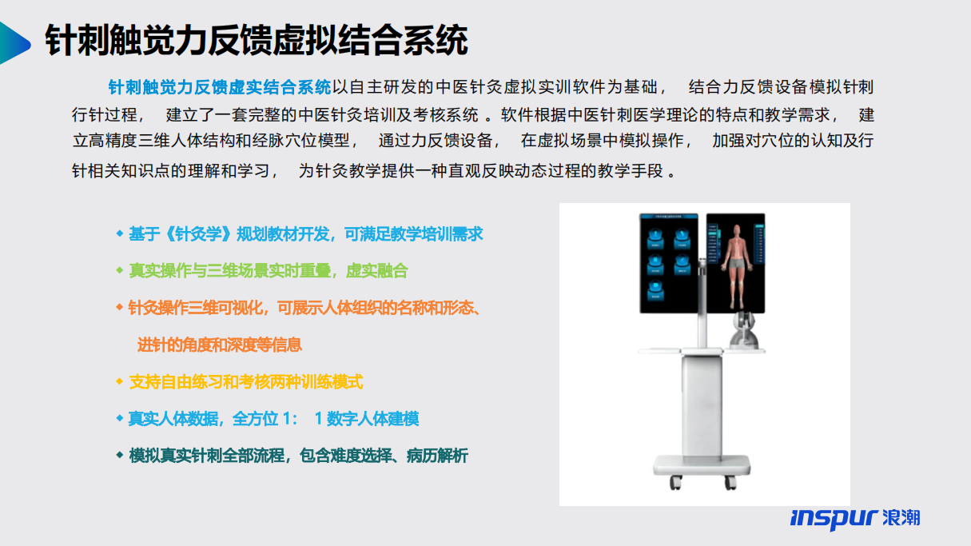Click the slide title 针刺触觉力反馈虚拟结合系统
pos(257,40)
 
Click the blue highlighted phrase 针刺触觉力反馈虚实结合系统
pos(220,87)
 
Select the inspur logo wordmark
pos(834,518)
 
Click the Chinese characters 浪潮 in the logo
pos(901,517)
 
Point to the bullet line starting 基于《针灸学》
pos(305,234)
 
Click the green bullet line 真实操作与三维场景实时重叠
pos(269,271)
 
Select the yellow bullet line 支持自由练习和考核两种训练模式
pos(246,382)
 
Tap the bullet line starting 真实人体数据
pos(273,419)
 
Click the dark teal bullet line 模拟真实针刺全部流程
pos(298,456)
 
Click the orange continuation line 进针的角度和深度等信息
pos(219,345)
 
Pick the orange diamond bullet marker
pos(120,308)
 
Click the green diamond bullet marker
pos(120,271)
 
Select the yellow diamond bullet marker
pos(120,381)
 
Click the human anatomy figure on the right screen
pos(735,265)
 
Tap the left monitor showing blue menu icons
pos(668,263)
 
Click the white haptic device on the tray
pos(744,330)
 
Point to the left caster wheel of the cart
pos(676,482)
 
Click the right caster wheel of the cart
pos(730,482)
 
